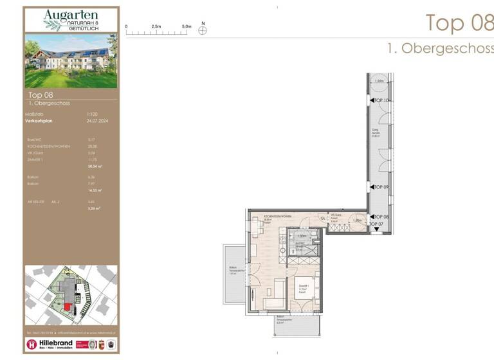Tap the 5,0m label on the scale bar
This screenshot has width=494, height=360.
[x=187, y=26]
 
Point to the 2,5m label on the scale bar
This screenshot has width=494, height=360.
[x=156, y=26]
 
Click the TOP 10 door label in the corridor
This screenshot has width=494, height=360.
[x=383, y=101]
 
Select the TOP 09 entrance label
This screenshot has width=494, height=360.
[x=382, y=186]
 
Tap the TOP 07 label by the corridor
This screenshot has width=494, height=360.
[x=376, y=223]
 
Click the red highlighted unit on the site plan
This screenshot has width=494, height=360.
[x=67, y=307]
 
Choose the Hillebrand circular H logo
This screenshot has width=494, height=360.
[x=32, y=345]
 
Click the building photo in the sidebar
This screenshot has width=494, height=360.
[x=71, y=60]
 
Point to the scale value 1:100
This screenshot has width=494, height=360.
[x=93, y=114]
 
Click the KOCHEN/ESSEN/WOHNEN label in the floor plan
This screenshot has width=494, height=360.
[x=277, y=217]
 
